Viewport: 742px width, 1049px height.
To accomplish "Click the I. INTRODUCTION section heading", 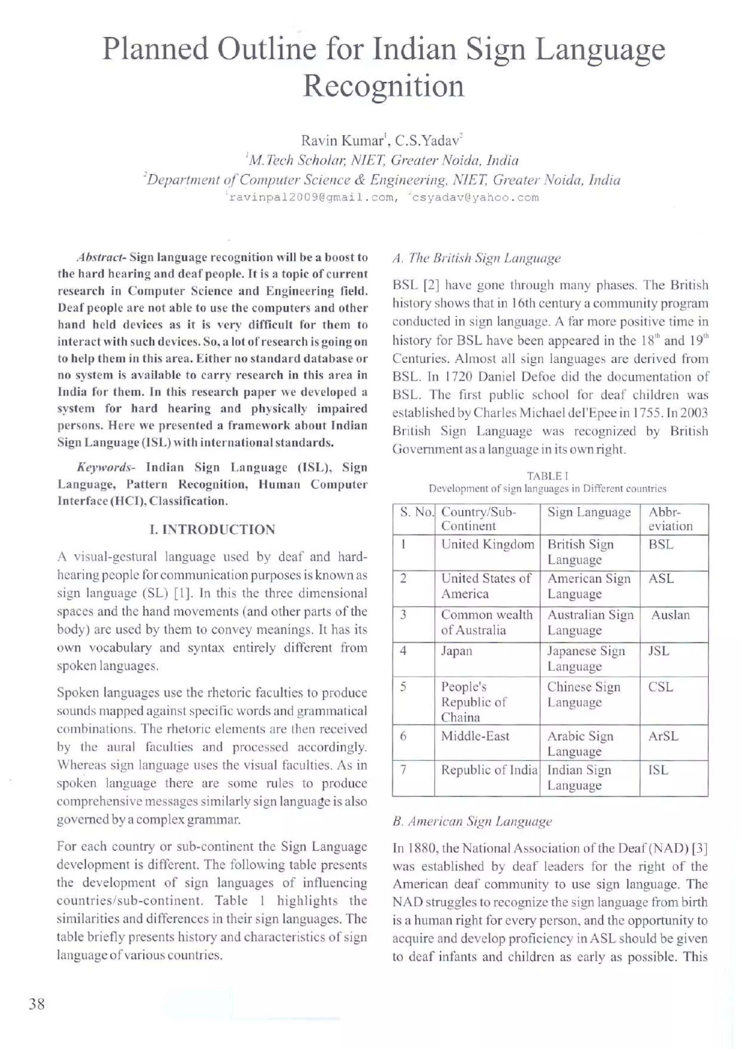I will point(212,530).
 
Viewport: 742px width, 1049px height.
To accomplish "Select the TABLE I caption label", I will point(547,476).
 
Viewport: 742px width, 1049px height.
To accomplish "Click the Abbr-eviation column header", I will point(670,519).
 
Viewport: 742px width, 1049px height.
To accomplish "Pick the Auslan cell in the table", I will point(670,615).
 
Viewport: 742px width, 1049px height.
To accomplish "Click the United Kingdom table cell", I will point(487,545).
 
